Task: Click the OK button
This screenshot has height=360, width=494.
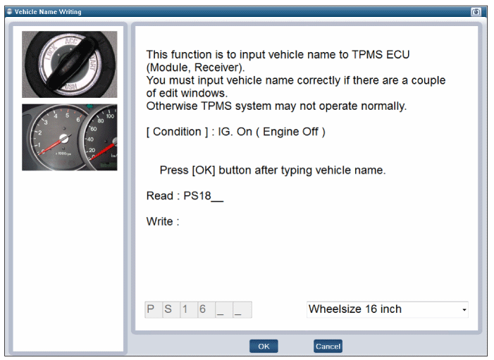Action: tap(264, 346)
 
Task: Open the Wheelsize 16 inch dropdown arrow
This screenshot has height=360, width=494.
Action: tap(464, 310)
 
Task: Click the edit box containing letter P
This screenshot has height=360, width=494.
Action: tap(154, 309)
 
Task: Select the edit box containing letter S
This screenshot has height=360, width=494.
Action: tap(171, 309)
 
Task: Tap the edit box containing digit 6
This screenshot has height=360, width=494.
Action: tap(206, 309)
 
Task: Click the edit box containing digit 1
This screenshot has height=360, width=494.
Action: tap(189, 309)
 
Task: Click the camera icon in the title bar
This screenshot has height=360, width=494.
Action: tap(476, 12)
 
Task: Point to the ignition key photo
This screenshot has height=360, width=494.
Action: tap(70, 64)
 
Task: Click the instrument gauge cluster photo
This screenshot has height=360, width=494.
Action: tap(70, 137)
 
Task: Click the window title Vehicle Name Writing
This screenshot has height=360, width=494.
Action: tap(48, 12)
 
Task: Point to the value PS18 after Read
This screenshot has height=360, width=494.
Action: tap(197, 196)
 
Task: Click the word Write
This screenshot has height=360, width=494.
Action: tap(159, 221)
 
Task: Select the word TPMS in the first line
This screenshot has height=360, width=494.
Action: tap(367, 54)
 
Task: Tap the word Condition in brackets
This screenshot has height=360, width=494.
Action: tap(177, 132)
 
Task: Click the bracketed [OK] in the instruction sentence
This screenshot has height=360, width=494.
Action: tap(204, 170)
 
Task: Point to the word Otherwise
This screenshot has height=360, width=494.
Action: tap(172, 106)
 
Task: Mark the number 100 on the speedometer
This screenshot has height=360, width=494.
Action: tap(110, 116)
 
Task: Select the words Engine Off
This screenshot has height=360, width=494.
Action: tap(290, 132)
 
